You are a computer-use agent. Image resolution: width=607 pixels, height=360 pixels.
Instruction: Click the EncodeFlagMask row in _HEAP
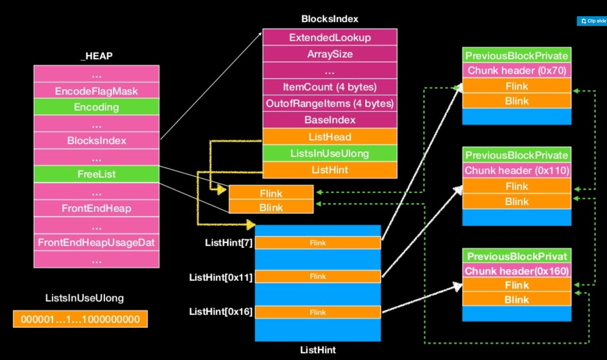(96, 91)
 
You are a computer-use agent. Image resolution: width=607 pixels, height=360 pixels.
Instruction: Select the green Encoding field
(96, 107)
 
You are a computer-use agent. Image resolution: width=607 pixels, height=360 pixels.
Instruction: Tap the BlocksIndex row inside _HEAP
(96, 140)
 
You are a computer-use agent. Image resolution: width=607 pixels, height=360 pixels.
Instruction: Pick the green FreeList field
(96, 174)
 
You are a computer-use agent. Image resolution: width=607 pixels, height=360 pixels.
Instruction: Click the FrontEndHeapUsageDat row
(96, 242)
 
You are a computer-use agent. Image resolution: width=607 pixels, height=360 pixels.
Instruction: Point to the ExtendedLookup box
(330, 37)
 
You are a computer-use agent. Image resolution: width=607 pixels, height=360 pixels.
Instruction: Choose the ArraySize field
(330, 54)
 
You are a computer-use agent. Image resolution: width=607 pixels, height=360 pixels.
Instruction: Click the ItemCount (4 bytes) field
(330, 87)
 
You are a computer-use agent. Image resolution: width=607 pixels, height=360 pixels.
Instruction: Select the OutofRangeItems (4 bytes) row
(330, 103)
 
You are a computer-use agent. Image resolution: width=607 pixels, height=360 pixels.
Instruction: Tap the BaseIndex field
(330, 120)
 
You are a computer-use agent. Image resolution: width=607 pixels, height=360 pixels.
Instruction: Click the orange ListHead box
(330, 137)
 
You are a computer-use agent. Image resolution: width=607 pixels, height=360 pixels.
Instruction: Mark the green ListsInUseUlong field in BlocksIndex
(330, 153)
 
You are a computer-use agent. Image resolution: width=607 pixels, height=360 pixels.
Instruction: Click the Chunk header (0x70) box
(516, 71)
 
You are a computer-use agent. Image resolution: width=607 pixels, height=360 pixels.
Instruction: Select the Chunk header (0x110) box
(516, 170)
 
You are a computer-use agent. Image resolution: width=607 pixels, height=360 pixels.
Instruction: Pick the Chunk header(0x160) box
(516, 271)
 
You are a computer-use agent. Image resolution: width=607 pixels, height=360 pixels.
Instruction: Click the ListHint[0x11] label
(220, 277)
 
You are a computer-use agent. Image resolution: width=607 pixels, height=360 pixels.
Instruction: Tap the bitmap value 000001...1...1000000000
(80, 319)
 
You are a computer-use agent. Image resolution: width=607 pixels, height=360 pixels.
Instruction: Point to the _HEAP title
(96, 56)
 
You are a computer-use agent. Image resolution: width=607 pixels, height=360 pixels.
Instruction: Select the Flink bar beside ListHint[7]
(318, 243)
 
